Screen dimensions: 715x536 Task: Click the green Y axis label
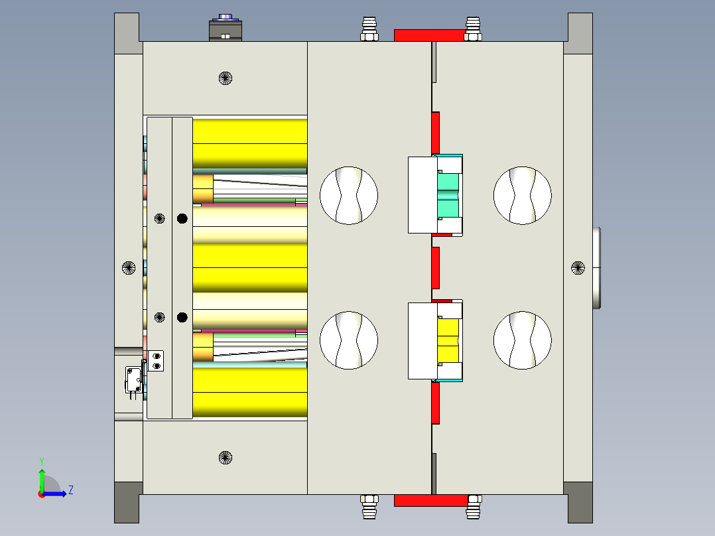coord(42,461)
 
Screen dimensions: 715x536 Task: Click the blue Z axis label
coord(71,490)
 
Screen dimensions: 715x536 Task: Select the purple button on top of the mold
coord(226,17)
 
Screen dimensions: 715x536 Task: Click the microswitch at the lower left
coord(134,380)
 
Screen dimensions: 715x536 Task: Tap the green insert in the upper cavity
coord(448,195)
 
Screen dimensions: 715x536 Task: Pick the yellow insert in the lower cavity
coord(448,340)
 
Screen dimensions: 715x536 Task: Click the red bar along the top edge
coord(430,35)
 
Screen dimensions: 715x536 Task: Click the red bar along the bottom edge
coord(431,500)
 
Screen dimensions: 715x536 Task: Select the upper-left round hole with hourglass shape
coord(349,195)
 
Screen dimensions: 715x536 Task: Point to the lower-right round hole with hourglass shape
coord(523,340)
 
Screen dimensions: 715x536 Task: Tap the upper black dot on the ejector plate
coord(182,218)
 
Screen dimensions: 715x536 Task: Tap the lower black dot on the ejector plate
coord(182,317)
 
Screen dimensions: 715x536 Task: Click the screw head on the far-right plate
coord(578,268)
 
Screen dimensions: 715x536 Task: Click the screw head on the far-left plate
coord(129,268)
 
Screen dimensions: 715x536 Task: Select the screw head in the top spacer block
coord(226,78)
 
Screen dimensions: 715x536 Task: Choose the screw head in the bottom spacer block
coord(226,458)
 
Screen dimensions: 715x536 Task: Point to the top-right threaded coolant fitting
coord(473,29)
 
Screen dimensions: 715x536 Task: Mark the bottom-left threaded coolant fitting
coord(369,507)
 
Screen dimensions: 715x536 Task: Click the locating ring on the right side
coord(596,268)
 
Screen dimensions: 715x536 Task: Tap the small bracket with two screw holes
coord(155,361)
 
